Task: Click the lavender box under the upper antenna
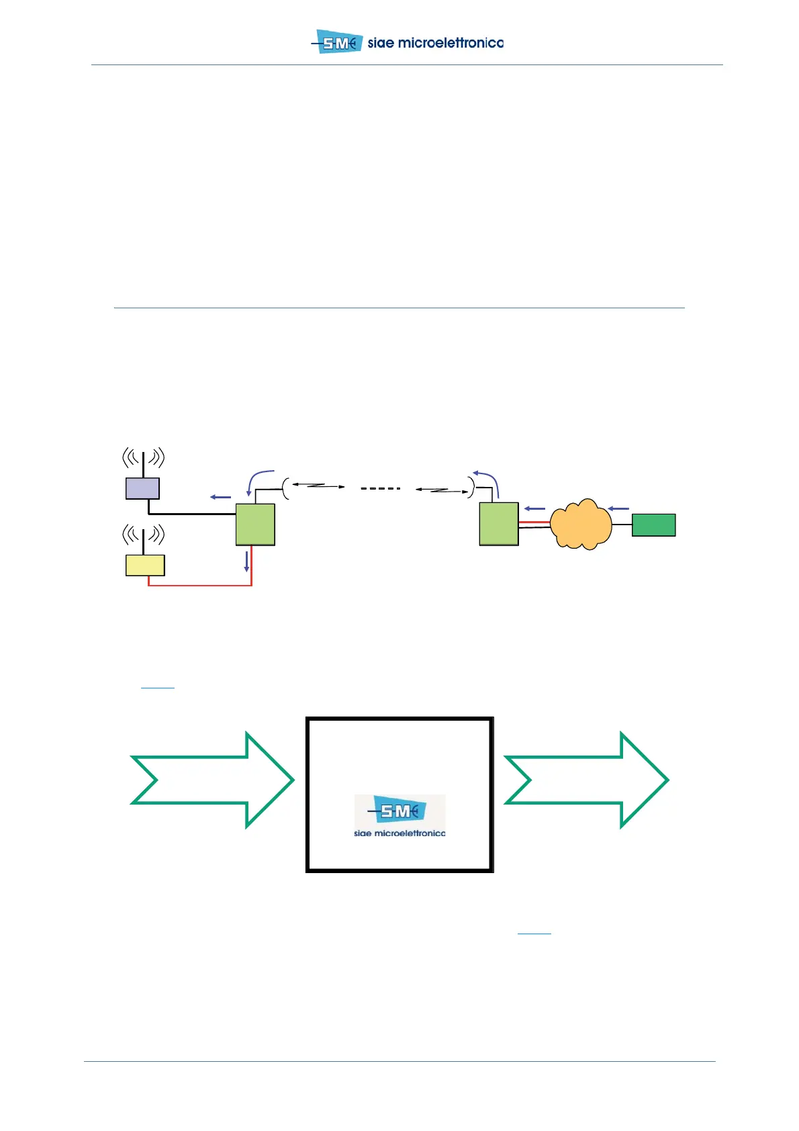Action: point(142,488)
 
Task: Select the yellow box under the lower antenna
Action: point(145,565)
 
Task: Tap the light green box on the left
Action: point(255,525)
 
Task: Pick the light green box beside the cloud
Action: point(499,524)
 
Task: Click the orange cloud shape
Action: point(581,525)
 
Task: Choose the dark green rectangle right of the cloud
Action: point(653,525)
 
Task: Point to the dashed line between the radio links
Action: point(380,488)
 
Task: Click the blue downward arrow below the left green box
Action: point(246,561)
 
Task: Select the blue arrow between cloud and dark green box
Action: point(618,508)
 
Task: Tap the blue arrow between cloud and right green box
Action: point(534,508)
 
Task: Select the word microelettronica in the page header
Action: point(451,43)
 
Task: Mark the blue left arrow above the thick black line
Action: point(221,497)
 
